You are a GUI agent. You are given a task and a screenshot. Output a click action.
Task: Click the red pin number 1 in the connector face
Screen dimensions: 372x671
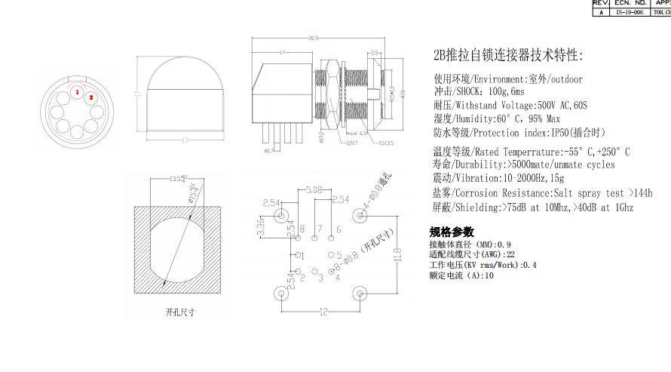pyautogui.click(x=76, y=92)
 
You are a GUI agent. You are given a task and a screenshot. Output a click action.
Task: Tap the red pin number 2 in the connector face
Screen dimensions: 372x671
pyautogui.click(x=90, y=97)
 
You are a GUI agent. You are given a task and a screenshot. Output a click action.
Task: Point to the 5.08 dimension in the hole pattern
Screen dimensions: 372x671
pyautogui.click(x=314, y=190)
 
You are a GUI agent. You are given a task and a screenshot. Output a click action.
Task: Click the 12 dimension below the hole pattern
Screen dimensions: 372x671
pyautogui.click(x=323, y=312)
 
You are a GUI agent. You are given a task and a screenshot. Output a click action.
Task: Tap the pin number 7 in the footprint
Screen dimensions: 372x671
pyautogui.click(x=319, y=229)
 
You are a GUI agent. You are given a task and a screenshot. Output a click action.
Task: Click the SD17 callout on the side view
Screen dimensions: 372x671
pyautogui.click(x=352, y=142)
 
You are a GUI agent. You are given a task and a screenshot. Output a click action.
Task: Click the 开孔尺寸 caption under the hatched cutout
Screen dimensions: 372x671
pyautogui.click(x=180, y=311)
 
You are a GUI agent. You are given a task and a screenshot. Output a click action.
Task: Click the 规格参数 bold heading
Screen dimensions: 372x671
pyautogui.click(x=452, y=232)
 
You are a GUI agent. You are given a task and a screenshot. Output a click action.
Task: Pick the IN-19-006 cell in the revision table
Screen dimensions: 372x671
pyautogui.click(x=629, y=12)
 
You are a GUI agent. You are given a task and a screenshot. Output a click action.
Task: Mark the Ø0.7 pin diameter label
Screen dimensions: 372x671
pyautogui.click(x=268, y=150)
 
